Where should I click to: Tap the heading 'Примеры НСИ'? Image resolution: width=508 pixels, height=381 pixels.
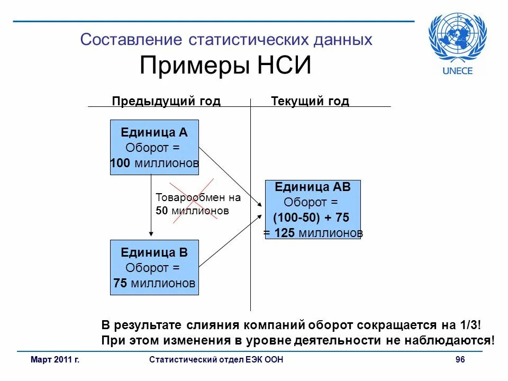point(225,67)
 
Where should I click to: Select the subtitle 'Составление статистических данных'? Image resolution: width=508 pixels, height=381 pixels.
point(226,40)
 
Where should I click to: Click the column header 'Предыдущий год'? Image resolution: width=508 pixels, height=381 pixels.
point(166,101)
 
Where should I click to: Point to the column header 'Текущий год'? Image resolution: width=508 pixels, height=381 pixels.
point(310,101)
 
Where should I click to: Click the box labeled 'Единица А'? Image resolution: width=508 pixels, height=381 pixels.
point(154,148)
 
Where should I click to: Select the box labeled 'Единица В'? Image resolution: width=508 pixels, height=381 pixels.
point(154,267)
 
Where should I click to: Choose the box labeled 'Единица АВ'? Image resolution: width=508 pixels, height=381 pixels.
point(312,210)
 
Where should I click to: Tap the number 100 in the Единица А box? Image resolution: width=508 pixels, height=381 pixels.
point(120,164)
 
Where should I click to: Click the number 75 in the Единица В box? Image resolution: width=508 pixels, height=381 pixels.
point(120,284)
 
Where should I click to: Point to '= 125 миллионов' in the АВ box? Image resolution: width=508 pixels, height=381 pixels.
point(313,233)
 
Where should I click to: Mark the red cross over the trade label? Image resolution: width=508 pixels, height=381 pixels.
point(192,203)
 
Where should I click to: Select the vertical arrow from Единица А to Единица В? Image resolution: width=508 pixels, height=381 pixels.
point(151,206)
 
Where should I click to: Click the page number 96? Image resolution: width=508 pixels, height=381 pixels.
point(460,360)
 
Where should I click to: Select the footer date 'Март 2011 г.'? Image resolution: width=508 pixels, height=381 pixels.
point(55,360)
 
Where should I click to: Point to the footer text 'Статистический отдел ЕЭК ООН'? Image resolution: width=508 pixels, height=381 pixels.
point(216,360)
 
